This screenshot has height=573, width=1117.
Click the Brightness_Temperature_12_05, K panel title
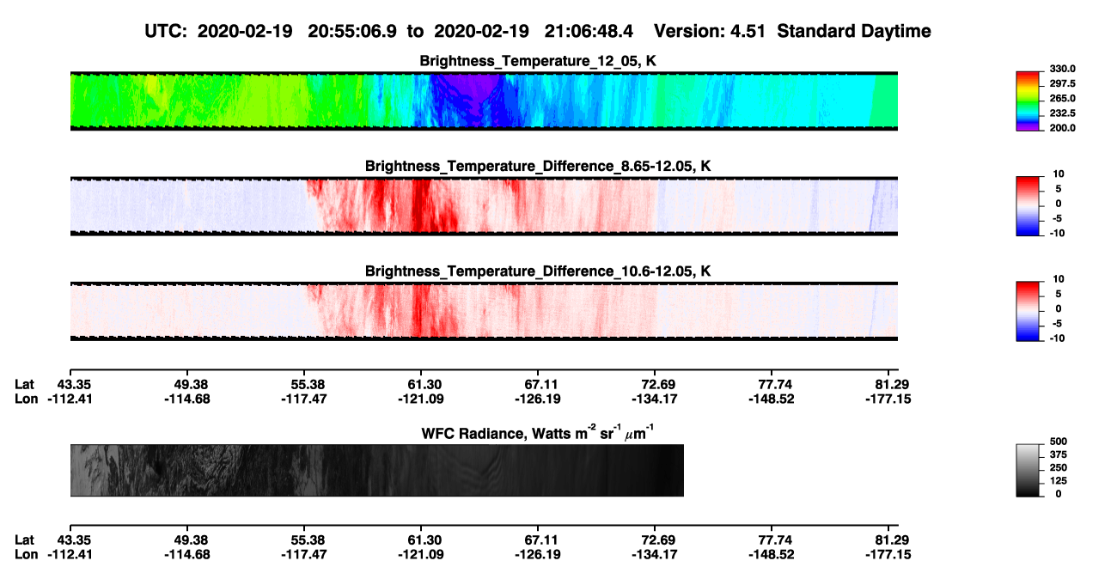538,61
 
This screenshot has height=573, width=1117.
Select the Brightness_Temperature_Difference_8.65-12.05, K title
538,166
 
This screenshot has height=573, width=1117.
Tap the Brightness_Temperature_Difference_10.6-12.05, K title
538,271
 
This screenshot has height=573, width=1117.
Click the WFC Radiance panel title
538,433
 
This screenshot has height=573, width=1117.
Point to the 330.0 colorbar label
1062,69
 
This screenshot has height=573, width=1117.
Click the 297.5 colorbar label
1062,84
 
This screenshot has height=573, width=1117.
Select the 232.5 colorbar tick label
1062,113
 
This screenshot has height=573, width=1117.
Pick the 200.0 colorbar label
1062,128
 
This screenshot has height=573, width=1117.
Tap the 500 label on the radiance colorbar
1059,442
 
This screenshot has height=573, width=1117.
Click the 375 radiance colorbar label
1059,454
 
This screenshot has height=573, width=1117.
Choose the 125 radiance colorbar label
1059,481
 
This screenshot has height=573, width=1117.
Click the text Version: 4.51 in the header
709,32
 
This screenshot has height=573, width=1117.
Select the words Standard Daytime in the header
854,32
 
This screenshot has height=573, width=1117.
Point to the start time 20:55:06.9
352,32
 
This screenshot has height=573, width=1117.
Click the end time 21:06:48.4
589,32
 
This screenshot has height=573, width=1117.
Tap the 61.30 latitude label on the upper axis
424,385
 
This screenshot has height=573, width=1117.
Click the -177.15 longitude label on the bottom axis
888,555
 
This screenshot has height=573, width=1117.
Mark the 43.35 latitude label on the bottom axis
74,540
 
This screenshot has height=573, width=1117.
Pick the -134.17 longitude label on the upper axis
654,399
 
